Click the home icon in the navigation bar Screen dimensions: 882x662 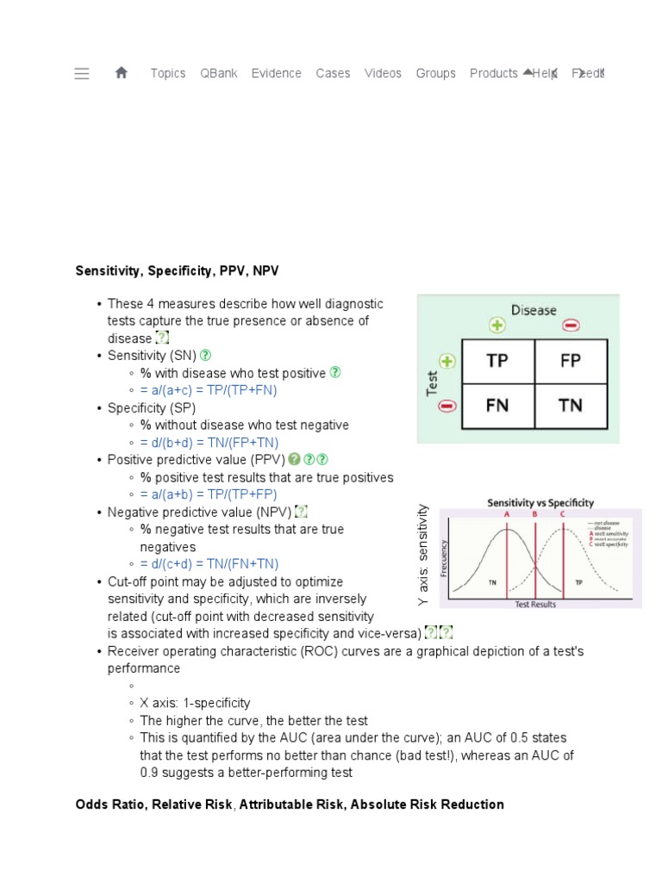[121, 73]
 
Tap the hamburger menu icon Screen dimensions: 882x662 [82, 73]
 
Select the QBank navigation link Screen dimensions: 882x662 [218, 73]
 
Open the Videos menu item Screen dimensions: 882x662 [383, 73]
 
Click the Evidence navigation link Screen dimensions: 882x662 [276, 73]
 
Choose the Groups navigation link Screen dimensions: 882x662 [435, 73]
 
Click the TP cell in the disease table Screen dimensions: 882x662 [497, 361]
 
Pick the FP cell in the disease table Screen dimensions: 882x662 [571, 361]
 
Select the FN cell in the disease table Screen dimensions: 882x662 [497, 405]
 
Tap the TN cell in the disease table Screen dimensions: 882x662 [571, 405]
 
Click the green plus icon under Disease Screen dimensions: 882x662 [497, 326]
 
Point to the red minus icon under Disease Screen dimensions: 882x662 [571, 326]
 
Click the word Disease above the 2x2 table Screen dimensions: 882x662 [534, 309]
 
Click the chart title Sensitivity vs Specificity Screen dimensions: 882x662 [540, 503]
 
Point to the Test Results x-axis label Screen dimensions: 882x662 [534, 605]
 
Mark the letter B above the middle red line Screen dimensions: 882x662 [534, 514]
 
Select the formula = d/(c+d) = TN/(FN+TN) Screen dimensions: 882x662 [209, 564]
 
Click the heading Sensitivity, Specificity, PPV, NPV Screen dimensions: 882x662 [178, 271]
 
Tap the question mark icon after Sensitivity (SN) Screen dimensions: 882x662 [206, 355]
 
